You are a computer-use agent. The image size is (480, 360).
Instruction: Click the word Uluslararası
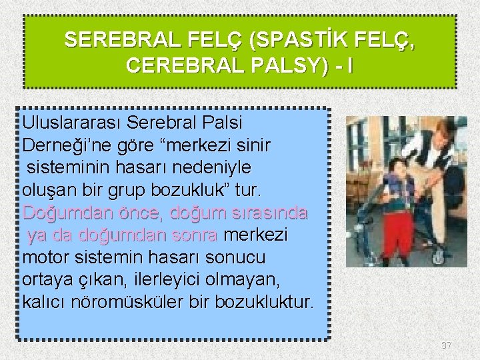(x=71, y=123)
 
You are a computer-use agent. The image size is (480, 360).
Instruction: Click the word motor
(x=45, y=258)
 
